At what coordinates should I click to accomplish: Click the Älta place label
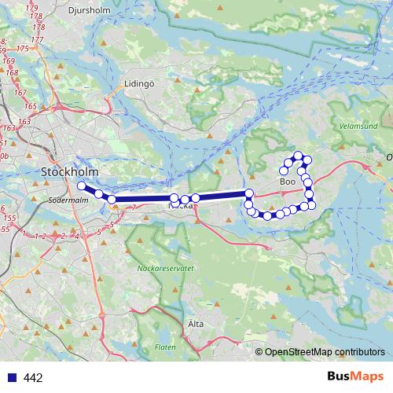coord(196,323)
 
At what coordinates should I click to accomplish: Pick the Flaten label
coord(165,347)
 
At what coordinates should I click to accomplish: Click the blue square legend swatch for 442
coord(11,377)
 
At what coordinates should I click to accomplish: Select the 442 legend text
coord(33,378)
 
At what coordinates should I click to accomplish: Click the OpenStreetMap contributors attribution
coord(325,351)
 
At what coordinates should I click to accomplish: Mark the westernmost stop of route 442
coord(81,185)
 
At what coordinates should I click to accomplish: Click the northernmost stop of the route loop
coord(298,155)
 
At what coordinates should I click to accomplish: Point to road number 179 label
coord(33,8)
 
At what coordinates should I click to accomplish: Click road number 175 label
coord(22,48)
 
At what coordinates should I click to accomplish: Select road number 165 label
coord(30,105)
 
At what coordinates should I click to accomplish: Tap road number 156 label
coord(9,217)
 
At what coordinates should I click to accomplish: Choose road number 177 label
coord(36,39)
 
